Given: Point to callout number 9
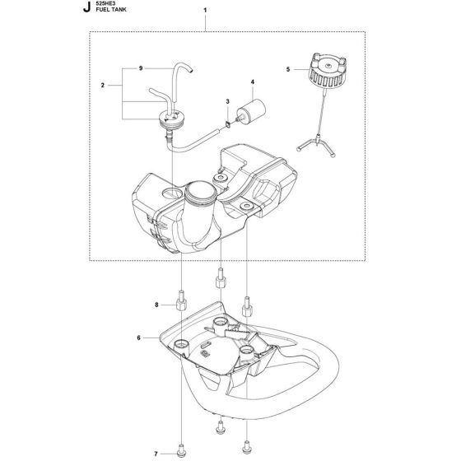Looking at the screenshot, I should pos(142,67).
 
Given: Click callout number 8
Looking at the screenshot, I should pos(155,305).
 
